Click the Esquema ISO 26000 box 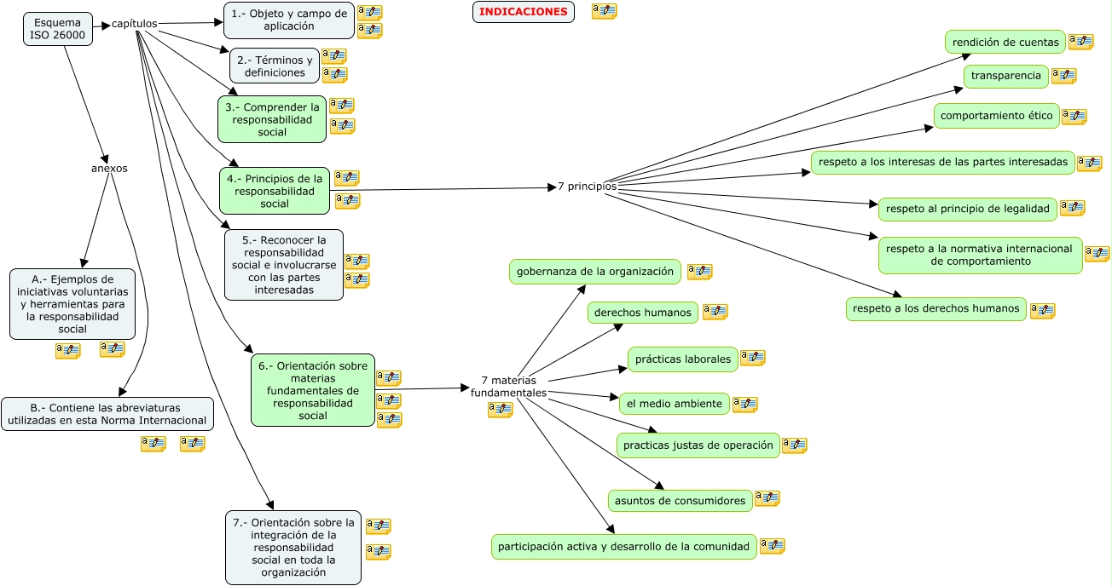click(58, 28)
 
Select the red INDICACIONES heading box click(523, 12)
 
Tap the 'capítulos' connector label click(135, 24)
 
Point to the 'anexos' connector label click(109, 168)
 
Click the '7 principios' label click(587, 186)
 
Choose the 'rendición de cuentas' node click(1005, 42)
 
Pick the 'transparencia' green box click(1005, 76)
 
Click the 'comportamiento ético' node click(996, 116)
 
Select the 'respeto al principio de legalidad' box click(967, 208)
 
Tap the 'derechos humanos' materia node click(642, 313)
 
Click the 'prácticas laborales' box click(683, 359)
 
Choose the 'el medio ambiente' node click(674, 404)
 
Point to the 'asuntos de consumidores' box click(680, 501)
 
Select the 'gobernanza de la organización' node click(595, 272)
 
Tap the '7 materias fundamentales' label click(508, 387)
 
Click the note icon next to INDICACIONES click(604, 11)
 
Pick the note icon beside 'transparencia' click(1063, 76)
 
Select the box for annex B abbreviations click(107, 413)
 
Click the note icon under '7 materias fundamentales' click(500, 410)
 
